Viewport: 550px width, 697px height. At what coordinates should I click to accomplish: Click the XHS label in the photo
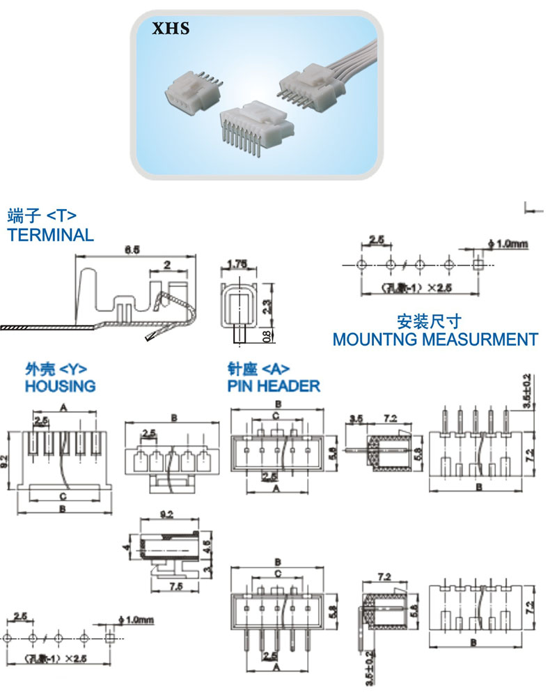171,30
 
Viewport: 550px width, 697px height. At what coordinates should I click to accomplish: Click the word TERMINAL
50,235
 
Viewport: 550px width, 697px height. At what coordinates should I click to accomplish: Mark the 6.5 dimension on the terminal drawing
132,249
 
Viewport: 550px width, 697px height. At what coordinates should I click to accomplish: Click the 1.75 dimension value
239,264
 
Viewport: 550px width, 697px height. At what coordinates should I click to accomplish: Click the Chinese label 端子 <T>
42,215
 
